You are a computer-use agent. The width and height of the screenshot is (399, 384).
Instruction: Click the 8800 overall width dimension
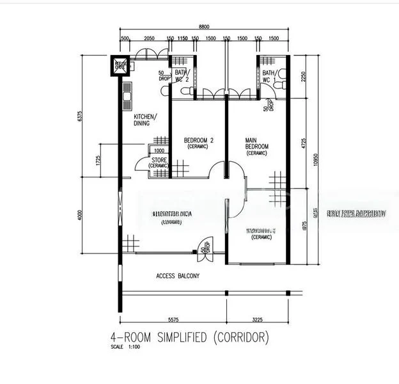[x=203, y=27]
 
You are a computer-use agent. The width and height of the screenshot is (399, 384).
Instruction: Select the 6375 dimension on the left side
[x=79, y=117]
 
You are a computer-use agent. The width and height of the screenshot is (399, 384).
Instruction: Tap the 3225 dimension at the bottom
[x=257, y=318]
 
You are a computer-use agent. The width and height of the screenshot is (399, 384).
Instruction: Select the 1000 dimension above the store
[x=159, y=151]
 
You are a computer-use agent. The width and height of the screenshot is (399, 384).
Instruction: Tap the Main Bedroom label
[x=256, y=146]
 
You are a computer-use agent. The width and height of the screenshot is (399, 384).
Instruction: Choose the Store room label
[x=159, y=163]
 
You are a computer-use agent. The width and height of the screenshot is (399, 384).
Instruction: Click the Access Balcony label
[x=178, y=276]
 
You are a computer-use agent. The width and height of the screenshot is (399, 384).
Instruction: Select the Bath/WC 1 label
[x=269, y=77]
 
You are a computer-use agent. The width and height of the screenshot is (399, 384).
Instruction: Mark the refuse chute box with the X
[x=120, y=65]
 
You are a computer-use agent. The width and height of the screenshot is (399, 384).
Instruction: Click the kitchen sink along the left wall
[x=127, y=95]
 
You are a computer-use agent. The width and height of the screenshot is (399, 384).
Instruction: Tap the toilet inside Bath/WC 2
[x=186, y=92]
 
